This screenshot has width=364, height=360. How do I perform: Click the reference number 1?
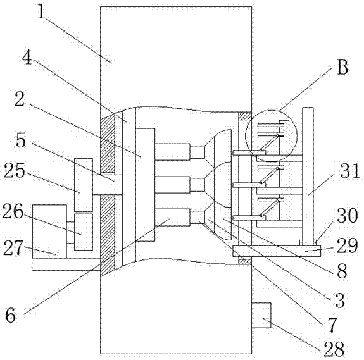point(41,11)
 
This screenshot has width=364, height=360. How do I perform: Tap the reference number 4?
point(27,58)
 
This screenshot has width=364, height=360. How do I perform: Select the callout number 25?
point(14,170)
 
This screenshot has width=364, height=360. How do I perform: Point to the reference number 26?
point(13,211)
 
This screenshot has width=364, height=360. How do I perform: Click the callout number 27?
point(14,248)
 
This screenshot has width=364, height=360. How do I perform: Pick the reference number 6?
point(11,315)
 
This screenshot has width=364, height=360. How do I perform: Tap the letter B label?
point(342,67)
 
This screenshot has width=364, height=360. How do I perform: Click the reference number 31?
point(350,170)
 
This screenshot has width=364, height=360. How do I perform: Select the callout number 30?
point(348,216)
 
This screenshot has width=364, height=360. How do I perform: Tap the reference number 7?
point(332,325)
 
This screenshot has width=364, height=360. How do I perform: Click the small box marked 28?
point(261,315)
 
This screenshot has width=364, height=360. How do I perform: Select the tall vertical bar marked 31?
point(308,177)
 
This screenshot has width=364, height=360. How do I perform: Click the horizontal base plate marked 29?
point(277,251)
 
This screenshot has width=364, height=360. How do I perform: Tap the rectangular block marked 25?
point(84,185)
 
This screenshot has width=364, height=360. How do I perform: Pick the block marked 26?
point(84,232)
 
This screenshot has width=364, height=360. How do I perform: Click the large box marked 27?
point(49,232)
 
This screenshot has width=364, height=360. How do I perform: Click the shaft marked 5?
point(107,185)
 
